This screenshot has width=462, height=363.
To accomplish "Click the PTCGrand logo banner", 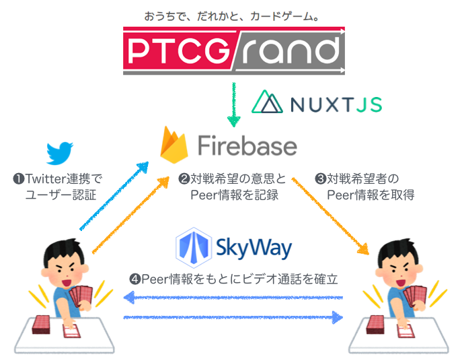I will click(233, 51).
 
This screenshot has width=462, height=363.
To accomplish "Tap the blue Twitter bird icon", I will click(61, 154).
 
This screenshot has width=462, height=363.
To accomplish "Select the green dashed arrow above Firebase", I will click(233, 104).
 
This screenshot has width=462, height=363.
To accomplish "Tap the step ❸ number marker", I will click(321, 179).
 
